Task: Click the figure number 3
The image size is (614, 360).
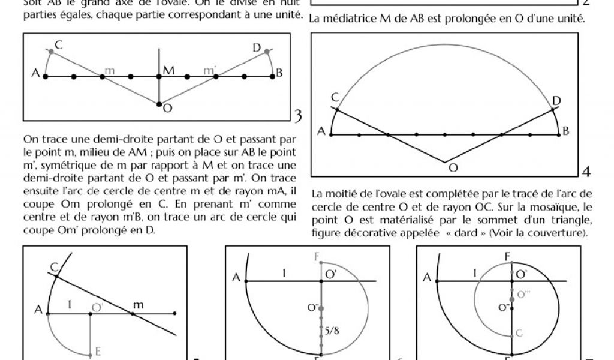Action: click(x=298, y=114)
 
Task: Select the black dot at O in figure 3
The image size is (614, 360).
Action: click(x=158, y=104)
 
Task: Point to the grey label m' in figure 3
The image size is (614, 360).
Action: click(x=210, y=71)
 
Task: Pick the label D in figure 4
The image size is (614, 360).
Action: click(x=556, y=99)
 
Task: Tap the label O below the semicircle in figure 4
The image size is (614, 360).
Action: click(x=454, y=169)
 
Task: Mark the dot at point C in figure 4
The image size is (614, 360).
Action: click(x=336, y=109)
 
